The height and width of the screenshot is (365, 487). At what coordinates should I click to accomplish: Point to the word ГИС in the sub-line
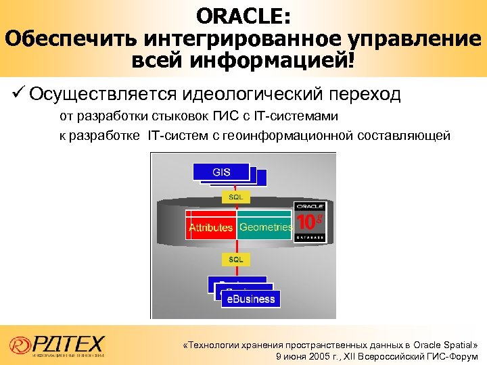pos(229,117)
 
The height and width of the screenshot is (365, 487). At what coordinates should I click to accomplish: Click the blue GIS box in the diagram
pos(221,172)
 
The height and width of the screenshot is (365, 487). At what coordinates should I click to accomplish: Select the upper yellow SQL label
pos(236,197)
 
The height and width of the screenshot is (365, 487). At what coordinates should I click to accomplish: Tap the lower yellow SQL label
pos(236,259)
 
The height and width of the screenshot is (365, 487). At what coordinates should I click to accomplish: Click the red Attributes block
pos(210,228)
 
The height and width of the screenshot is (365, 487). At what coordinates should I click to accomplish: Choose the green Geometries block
pos(265,228)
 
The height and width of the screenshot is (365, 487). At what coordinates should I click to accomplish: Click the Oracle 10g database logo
pos(310,221)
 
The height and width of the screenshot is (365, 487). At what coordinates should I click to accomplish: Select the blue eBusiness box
pos(250,299)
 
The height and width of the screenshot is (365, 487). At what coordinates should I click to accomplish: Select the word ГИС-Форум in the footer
pos(453,356)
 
